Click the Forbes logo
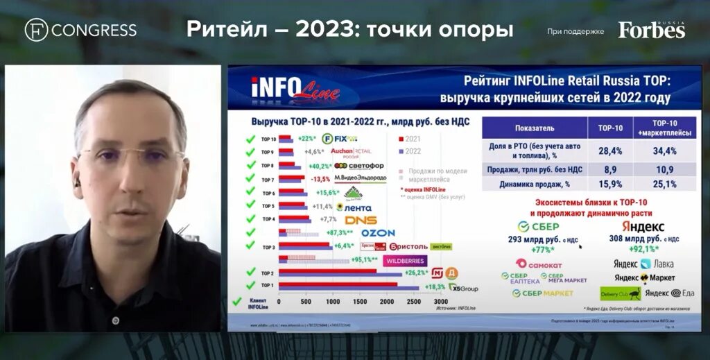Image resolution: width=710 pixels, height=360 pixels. click(x=651, y=30)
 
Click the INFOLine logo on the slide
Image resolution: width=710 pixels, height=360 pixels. click(x=294, y=88)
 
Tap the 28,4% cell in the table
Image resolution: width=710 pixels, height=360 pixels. click(x=610, y=151)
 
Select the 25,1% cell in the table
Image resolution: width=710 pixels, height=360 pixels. click(x=664, y=184)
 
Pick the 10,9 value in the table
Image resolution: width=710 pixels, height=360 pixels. click(x=664, y=168)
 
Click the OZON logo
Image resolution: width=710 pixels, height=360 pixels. click(x=377, y=233)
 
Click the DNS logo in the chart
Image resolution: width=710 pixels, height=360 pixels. click(x=361, y=220)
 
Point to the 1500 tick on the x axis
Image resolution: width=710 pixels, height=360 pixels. click(x=360, y=302)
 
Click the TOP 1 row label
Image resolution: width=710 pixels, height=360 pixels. click(x=268, y=285)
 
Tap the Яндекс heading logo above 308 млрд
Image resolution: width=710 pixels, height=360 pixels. click(x=643, y=227)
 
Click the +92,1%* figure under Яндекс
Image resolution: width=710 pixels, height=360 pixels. click(x=643, y=250)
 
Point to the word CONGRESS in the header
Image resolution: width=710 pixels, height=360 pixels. click(x=94, y=30)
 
